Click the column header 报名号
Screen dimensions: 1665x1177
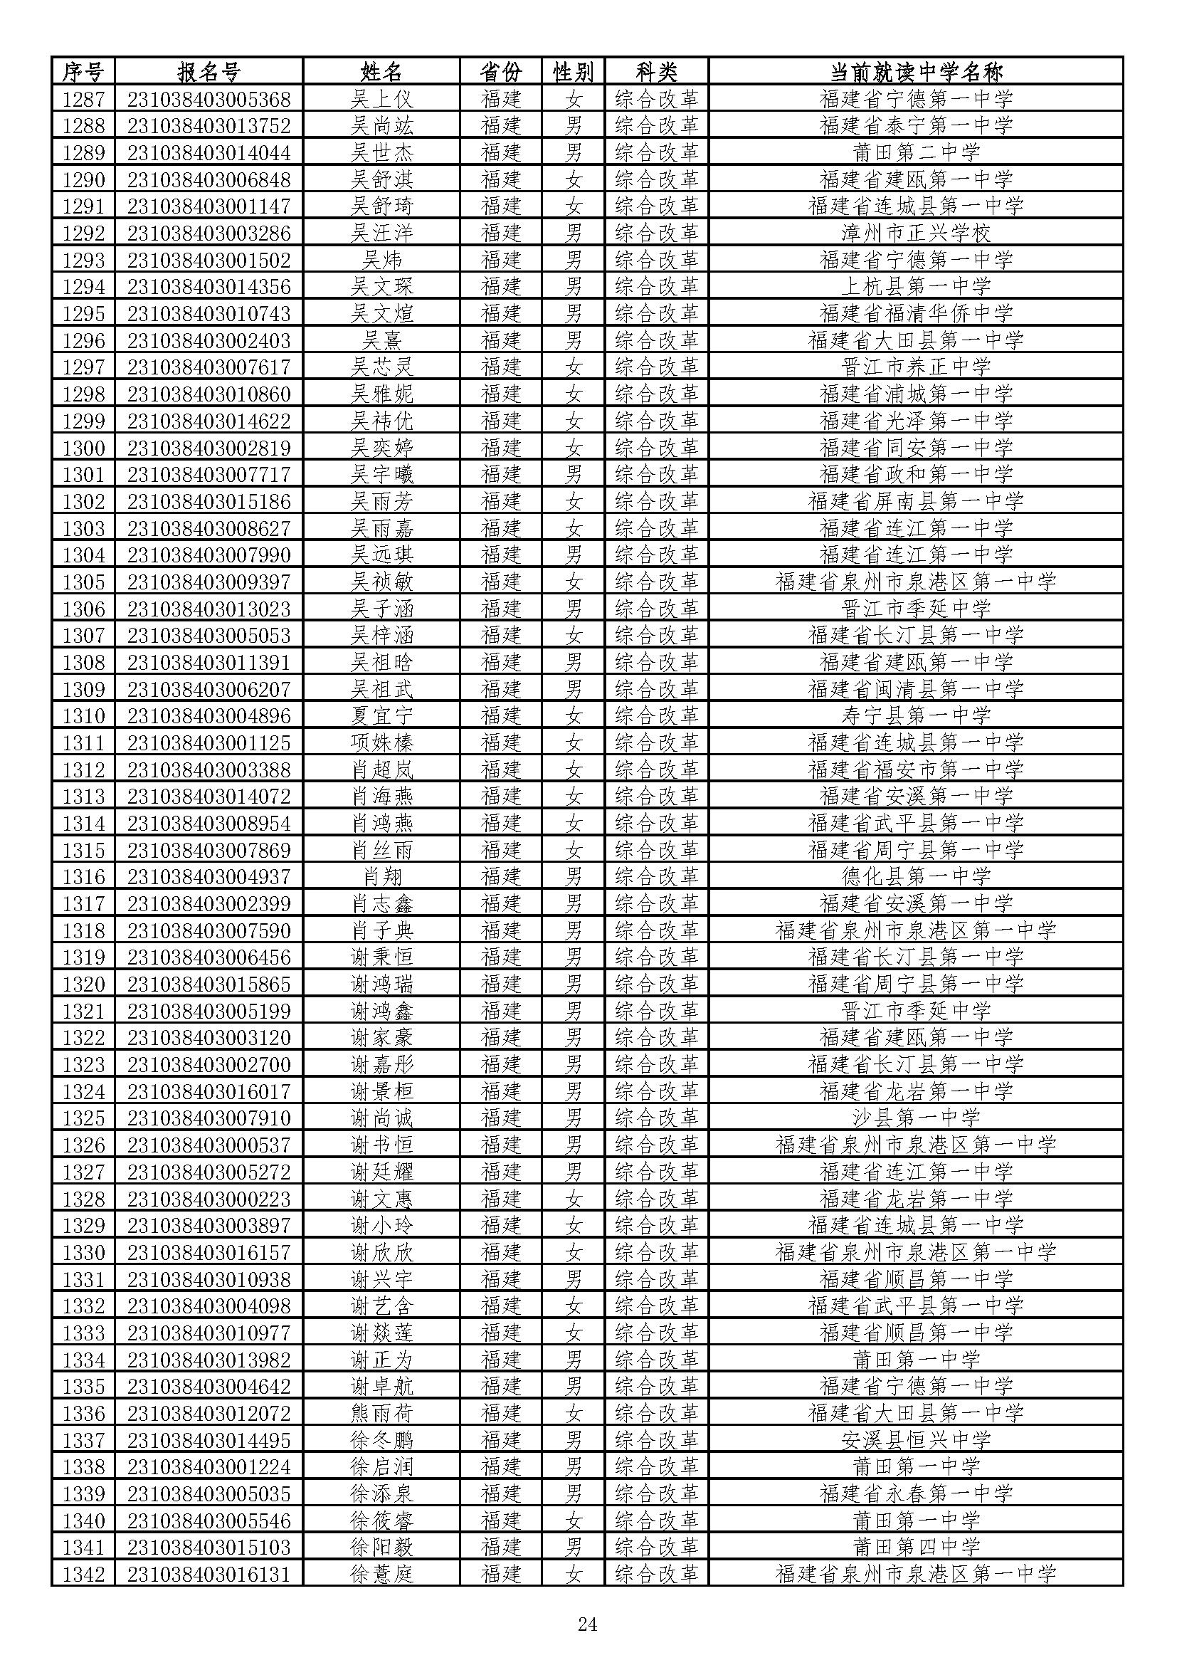[209, 72]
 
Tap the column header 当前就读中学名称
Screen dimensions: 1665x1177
[915, 72]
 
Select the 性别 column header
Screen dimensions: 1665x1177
[574, 72]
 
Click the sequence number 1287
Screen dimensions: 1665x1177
[83, 99]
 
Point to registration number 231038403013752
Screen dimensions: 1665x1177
[209, 125]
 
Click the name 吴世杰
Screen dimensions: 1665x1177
[381, 152]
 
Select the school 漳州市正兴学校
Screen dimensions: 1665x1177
[915, 233]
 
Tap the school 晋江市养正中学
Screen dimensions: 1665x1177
[915, 367]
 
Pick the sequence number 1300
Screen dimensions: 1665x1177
[83, 448]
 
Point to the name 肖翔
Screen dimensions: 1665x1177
[381, 877]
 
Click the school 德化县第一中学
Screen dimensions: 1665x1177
[915, 877]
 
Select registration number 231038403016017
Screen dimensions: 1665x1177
[209, 1091]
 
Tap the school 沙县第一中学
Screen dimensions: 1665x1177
[915, 1118]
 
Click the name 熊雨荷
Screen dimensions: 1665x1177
[381, 1414]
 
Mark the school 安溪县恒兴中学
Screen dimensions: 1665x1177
[915, 1440]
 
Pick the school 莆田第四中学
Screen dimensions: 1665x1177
[915, 1548]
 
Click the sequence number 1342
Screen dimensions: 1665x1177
[83, 1575]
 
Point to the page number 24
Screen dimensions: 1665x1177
[587, 1624]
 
